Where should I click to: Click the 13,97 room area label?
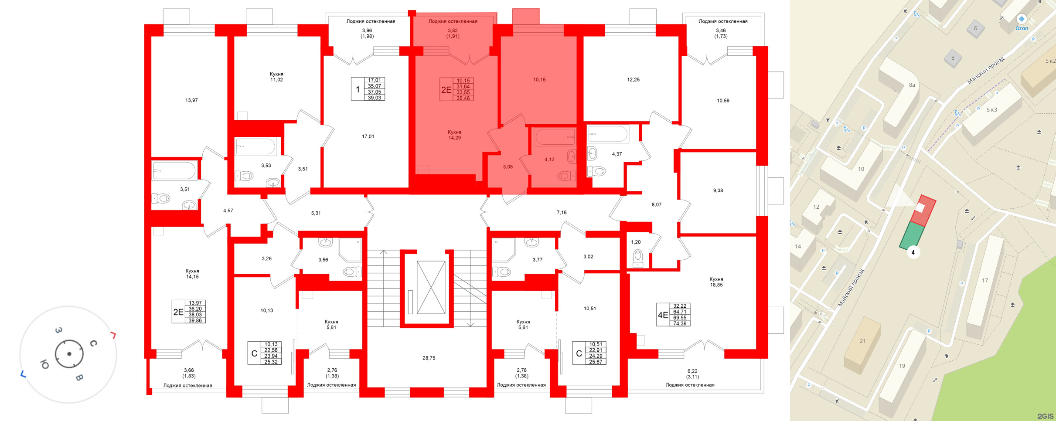point(191,100)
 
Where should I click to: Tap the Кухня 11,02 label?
point(276,77)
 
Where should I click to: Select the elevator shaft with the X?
point(431,288)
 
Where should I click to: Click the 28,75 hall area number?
point(429,358)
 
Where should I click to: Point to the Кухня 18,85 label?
point(716,282)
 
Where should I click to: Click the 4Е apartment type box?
point(663,315)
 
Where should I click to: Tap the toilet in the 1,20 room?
point(637,258)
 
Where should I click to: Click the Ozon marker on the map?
point(1022,19)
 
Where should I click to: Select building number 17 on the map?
point(984,281)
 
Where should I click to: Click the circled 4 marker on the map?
point(913,252)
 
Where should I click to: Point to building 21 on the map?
point(862,341)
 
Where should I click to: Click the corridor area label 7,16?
point(562,213)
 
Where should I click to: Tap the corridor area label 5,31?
point(316,213)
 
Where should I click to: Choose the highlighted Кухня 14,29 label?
point(454,135)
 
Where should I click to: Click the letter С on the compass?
point(93,343)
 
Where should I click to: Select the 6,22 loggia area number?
point(692,371)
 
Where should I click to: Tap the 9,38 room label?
point(718,190)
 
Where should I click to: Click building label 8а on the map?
point(912,85)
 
